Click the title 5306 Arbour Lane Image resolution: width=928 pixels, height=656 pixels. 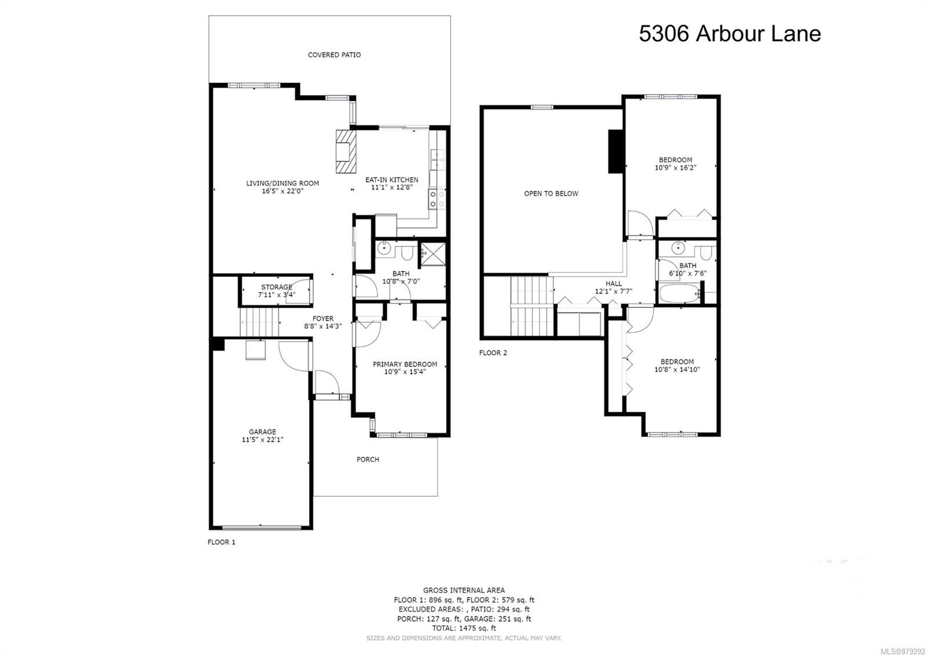pos(730,34)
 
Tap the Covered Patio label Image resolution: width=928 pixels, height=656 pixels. pos(334,55)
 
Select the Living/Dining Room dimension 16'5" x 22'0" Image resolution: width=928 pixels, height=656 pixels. pos(282,191)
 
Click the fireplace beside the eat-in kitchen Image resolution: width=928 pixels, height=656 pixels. pos(346,152)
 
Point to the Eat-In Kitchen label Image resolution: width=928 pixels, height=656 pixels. pos(391,179)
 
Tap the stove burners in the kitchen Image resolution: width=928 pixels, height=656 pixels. pos(437,199)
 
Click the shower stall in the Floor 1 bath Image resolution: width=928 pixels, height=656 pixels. pos(433,254)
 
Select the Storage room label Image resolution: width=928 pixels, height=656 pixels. pos(277,287)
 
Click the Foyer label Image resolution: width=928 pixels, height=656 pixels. pos(323,319)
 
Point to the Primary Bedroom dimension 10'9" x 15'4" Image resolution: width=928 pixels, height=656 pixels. pos(405,372)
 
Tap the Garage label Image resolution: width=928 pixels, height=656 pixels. pos(262,432)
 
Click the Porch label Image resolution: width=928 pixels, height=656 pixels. pos(368,459)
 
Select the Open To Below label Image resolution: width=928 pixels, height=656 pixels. pos(551,194)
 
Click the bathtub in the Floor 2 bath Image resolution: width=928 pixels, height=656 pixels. pos(679,293)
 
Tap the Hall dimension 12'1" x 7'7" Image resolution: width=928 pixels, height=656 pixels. pos(614,291)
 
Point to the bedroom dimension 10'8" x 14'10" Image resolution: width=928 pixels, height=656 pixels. pos(677,369)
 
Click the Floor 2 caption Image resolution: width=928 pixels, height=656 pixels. pos(493,353)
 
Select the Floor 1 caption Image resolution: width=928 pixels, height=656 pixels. pos(221,542)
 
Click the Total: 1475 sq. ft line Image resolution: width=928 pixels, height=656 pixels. pos(464,628)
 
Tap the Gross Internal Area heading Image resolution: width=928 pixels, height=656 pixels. pos(464,590)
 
